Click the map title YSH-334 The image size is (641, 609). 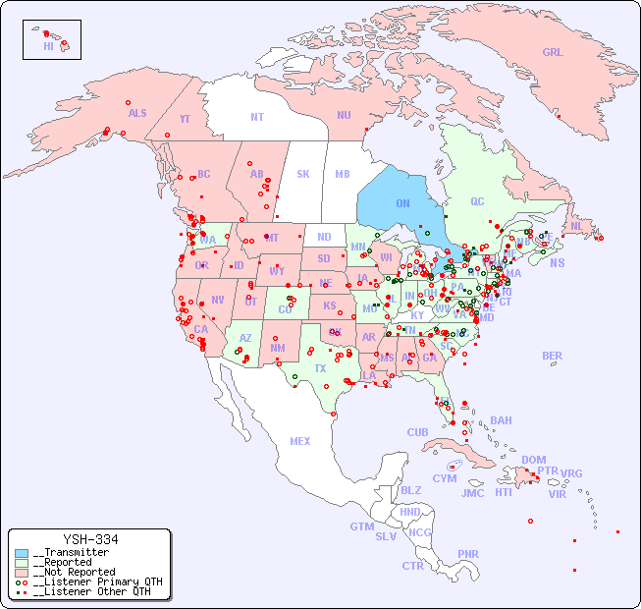coord(90,539)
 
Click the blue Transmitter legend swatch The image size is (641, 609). coord(22,552)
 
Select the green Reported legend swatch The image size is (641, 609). coord(22,562)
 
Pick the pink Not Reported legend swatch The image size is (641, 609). coord(22,572)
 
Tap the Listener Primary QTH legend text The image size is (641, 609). coord(96,581)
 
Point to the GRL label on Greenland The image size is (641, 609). coord(553,53)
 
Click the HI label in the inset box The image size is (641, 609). coord(48,46)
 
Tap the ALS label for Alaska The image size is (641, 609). coord(137,113)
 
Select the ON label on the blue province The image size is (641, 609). coord(402,203)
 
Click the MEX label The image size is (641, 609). coord(300,441)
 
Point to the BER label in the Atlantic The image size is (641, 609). coord(553,356)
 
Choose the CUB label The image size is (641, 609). coord(417,432)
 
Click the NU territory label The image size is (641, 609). coord(344,115)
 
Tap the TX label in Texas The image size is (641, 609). coord(320,368)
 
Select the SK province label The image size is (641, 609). coord(303,174)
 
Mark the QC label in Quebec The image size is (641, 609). coord(477,201)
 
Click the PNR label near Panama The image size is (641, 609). coord(468,554)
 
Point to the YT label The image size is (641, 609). coord(185,118)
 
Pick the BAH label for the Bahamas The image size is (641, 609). coord(501,420)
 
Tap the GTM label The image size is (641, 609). coord(361,526)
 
